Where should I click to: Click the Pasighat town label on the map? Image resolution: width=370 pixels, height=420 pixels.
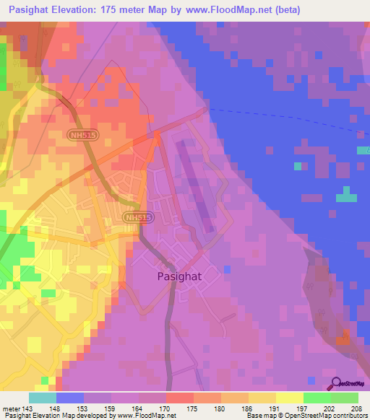tap(179, 276)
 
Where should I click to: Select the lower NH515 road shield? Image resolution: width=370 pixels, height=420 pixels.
tap(137, 217)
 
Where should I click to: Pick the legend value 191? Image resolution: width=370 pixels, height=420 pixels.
tap(276, 408)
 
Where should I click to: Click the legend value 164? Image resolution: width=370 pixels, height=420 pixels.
tap(139, 408)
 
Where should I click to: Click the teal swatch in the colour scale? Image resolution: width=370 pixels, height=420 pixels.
tap(43, 398)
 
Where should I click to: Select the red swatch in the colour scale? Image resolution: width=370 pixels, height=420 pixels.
tap(180, 398)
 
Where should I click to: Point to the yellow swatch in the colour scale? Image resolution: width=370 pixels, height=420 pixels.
tap(290, 398)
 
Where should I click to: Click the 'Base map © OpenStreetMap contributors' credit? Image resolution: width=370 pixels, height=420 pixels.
tap(306, 416)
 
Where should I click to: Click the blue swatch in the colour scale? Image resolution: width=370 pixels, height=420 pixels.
tap(70, 398)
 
